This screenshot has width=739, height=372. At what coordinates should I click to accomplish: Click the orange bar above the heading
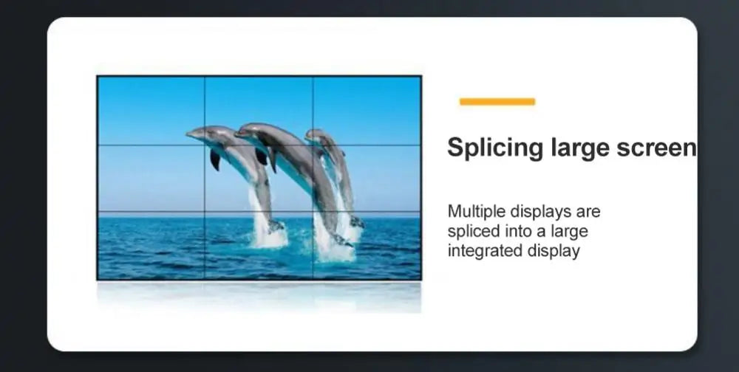click(x=497, y=102)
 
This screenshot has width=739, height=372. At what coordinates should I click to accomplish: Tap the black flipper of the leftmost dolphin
click(x=215, y=159)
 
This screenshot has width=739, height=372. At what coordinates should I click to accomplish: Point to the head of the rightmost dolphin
click(x=315, y=134)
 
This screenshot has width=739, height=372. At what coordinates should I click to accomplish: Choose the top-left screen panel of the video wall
click(x=151, y=111)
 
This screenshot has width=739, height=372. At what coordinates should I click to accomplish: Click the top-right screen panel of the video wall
click(x=367, y=111)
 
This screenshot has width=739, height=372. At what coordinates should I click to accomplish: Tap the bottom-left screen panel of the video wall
click(x=151, y=245)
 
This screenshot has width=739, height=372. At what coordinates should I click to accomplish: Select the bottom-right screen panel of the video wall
click(x=367, y=245)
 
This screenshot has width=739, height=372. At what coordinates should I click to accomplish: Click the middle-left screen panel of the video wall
click(x=151, y=179)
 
